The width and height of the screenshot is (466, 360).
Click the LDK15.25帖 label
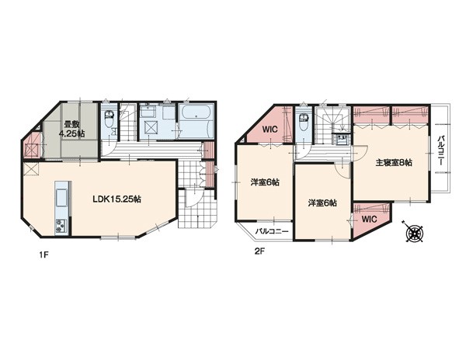click(x=116, y=199)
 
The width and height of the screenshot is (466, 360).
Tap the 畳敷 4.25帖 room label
click(x=71, y=129)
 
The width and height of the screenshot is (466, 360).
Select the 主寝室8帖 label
click(x=394, y=163)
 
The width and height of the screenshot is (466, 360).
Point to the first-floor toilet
click(x=109, y=118)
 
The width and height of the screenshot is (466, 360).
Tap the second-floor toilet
click(x=304, y=122)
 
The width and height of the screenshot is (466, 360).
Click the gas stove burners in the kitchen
click(x=62, y=226)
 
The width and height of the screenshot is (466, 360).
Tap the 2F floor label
click(x=259, y=251)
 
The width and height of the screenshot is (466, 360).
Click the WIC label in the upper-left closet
click(x=270, y=130)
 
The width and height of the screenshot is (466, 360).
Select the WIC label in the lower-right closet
click(x=370, y=220)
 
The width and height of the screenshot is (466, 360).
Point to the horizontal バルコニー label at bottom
click(x=272, y=231)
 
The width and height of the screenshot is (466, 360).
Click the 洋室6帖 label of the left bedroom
click(x=265, y=182)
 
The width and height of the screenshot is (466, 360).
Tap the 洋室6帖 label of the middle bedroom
click(x=322, y=203)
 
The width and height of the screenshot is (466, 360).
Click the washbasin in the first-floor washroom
click(x=148, y=112)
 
